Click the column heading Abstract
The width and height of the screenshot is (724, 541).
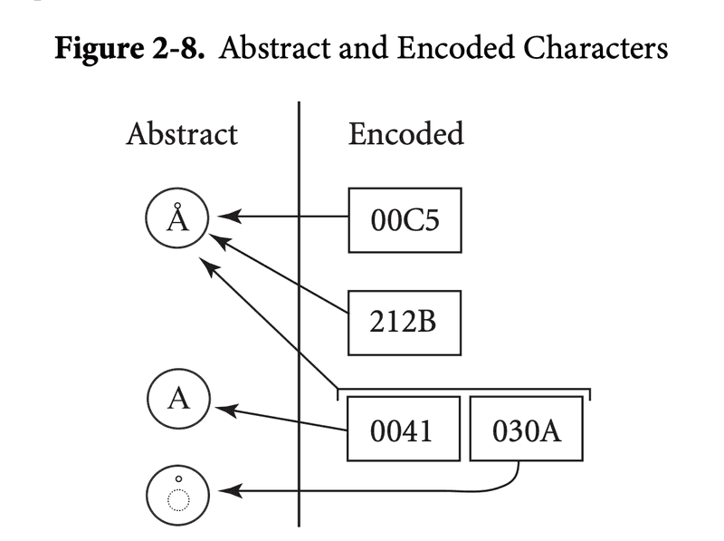click(182, 134)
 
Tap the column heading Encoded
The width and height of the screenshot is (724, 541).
click(405, 133)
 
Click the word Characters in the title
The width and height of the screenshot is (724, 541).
click(595, 48)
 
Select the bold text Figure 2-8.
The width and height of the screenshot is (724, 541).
click(129, 49)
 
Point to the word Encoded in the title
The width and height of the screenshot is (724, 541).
click(455, 48)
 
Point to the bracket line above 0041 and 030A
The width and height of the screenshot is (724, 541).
click(464, 389)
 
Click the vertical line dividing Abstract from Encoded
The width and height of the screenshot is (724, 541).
click(299, 314)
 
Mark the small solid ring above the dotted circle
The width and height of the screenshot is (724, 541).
click(178, 478)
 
